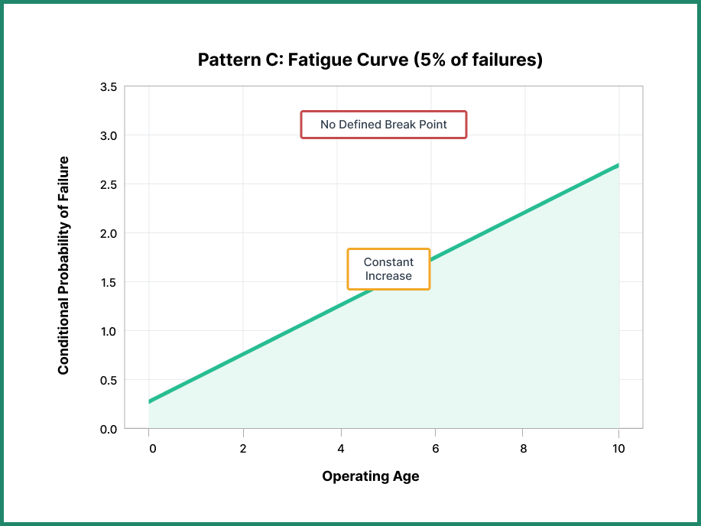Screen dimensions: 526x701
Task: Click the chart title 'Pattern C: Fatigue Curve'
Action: (x=370, y=60)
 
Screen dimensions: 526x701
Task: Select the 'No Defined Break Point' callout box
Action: (x=383, y=124)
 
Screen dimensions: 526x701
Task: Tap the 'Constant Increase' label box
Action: (x=388, y=269)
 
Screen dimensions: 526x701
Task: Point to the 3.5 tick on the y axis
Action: (x=109, y=87)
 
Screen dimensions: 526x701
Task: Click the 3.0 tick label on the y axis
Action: (x=109, y=136)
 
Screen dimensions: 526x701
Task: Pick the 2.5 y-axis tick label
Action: (x=109, y=185)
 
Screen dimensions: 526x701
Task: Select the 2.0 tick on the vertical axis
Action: (x=109, y=234)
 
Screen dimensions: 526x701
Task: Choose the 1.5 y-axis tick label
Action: (x=109, y=283)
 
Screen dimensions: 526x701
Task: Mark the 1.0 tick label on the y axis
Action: (x=109, y=332)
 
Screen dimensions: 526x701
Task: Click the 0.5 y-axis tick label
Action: (x=109, y=381)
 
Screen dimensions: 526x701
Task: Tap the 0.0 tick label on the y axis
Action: (x=109, y=430)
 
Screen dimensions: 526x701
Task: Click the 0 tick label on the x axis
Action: (x=152, y=449)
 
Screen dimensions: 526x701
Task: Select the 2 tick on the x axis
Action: (x=243, y=449)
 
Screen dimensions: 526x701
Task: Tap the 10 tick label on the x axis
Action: (x=618, y=449)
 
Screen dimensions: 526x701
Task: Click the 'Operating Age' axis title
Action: (x=370, y=476)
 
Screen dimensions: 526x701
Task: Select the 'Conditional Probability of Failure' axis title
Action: (x=63, y=265)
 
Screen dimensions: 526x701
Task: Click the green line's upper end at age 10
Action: (x=618, y=165)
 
